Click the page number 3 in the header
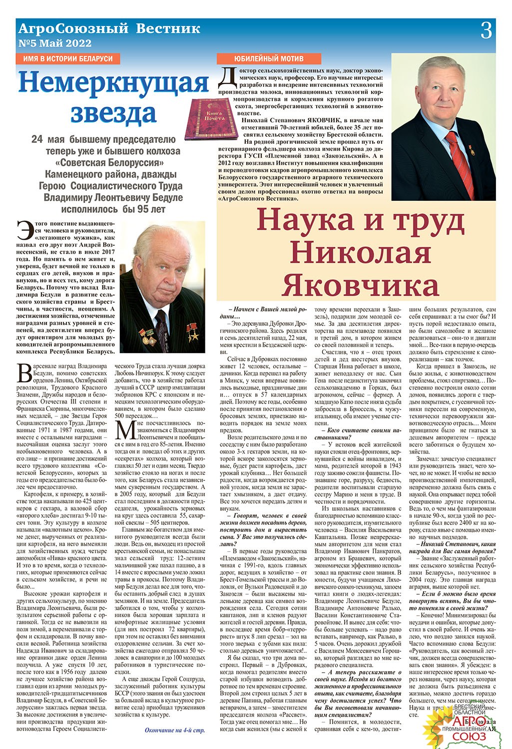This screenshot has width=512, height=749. [x=486, y=31]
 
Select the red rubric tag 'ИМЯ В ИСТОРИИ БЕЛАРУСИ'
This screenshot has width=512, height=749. [x=68, y=58]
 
